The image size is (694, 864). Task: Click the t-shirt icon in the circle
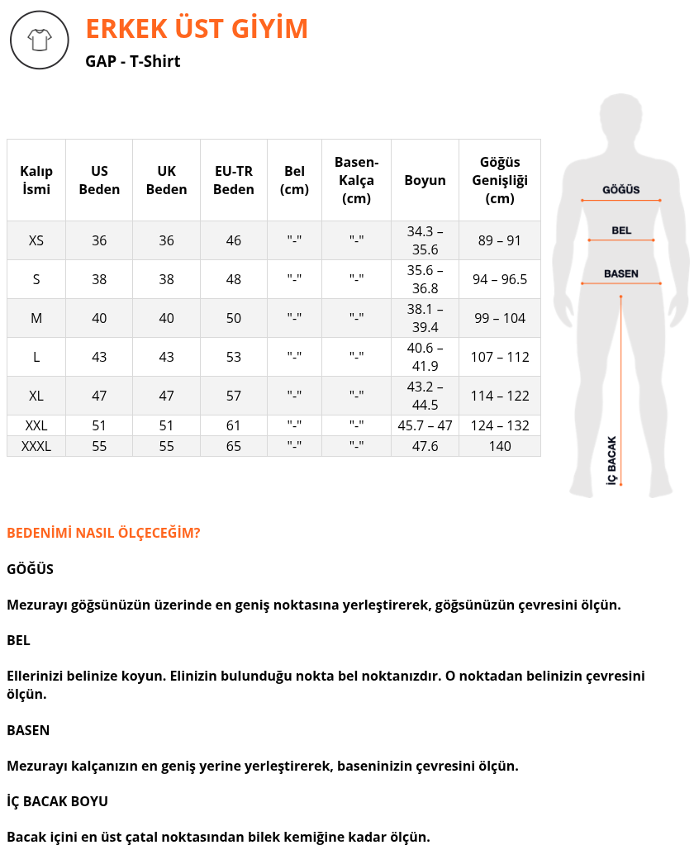[39, 40]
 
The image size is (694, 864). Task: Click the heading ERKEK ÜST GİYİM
[197, 29]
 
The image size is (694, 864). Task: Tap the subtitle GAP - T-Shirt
[132, 61]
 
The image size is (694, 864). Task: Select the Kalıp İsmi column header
[36, 180]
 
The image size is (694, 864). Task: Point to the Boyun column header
[425, 180]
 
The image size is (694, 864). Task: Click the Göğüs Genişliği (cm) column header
[500, 180]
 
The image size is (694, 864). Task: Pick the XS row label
[36, 240]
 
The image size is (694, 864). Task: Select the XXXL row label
[36, 446]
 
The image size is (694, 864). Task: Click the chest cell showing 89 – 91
[500, 240]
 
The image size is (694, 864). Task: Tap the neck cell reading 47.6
[425, 446]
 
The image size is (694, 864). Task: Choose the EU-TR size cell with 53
[234, 357]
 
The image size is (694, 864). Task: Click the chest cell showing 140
[500, 446]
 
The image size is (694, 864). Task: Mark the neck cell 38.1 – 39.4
[425, 318]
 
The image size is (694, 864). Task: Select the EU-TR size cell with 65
[234, 446]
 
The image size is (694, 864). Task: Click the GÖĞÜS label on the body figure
[620, 190]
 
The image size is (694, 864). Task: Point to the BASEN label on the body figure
[620, 273]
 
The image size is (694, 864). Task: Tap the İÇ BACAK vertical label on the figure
[612, 459]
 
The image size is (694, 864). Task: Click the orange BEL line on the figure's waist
[621, 240]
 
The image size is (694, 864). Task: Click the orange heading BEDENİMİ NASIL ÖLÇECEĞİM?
[103, 533]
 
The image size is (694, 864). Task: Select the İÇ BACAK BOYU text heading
[57, 801]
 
